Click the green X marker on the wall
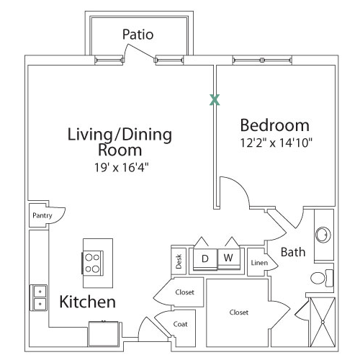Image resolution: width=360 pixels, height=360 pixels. click(x=215, y=100)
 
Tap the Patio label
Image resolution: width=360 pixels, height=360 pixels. click(x=138, y=35)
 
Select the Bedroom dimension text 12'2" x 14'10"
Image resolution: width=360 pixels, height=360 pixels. click(x=276, y=143)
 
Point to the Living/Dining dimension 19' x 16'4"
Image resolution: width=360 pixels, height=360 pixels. click(x=122, y=167)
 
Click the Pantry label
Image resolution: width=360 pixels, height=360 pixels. click(x=42, y=215)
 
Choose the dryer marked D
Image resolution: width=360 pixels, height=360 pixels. click(x=205, y=259)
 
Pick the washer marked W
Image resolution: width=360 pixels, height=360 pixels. click(x=229, y=258)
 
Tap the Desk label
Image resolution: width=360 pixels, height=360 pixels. click(x=179, y=261)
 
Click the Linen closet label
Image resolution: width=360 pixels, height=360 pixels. click(x=259, y=263)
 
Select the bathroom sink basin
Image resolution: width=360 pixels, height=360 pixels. click(x=323, y=235)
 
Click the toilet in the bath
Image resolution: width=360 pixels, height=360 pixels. click(x=322, y=278)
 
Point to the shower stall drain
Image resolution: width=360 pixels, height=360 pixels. click(x=323, y=322)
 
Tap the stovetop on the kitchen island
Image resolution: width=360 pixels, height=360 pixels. click(x=93, y=263)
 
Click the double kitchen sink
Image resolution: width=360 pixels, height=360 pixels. click(x=39, y=297)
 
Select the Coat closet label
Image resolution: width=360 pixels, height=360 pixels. click(x=180, y=324)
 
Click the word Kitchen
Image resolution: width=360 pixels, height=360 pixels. click(x=88, y=302)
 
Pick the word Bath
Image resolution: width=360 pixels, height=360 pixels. click(x=293, y=252)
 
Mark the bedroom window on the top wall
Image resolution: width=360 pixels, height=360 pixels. click(x=262, y=60)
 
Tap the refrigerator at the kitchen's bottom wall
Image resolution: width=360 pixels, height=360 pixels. click(x=104, y=333)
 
